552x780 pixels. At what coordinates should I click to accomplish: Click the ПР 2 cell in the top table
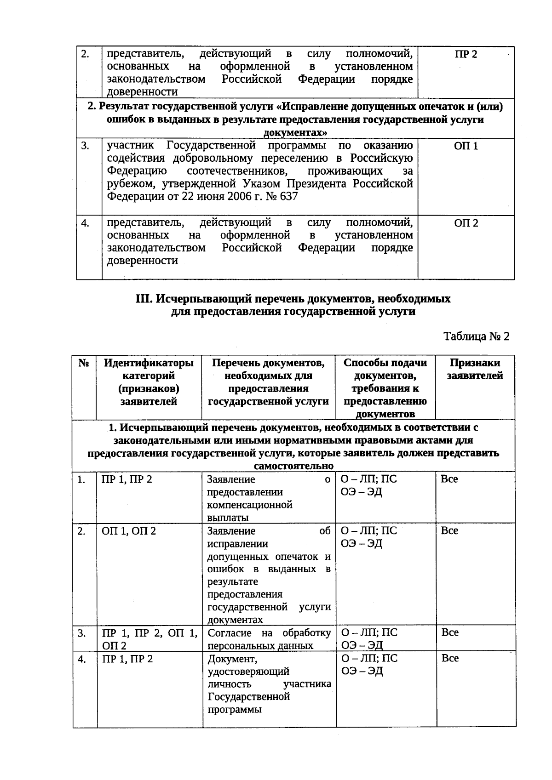[x=466, y=55]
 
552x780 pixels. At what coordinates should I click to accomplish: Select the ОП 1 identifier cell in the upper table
[x=466, y=146]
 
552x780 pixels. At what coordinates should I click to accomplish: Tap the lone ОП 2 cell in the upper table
[x=466, y=223]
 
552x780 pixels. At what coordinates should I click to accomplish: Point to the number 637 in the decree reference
[x=288, y=197]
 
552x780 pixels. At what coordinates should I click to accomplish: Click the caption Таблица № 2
[x=477, y=336]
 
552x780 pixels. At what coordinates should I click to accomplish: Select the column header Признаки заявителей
[x=475, y=369]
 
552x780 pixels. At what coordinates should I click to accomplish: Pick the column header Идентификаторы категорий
[x=149, y=382]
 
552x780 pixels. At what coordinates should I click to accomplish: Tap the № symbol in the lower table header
[x=83, y=363]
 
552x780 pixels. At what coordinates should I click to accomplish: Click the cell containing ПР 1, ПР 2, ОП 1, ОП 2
[x=149, y=639]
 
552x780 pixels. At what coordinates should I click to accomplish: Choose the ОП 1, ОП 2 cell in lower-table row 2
[x=129, y=531]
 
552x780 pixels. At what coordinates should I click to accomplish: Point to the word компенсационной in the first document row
[x=250, y=505]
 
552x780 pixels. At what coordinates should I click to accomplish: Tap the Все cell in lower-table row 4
[x=450, y=658]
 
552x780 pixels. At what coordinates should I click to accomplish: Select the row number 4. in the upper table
[x=85, y=223]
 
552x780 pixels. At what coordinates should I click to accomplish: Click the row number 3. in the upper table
[x=85, y=146]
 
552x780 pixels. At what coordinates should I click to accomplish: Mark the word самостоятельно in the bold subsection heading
[x=293, y=466]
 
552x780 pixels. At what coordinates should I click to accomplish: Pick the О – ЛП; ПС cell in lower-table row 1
[x=368, y=479]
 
